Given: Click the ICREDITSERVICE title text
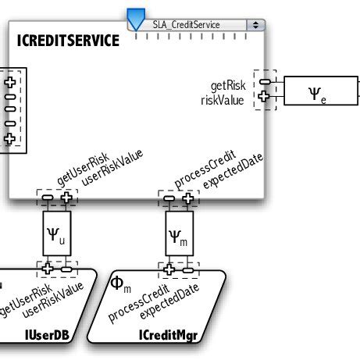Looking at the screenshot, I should coord(68,40).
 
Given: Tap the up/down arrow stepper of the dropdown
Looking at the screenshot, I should coord(255,24).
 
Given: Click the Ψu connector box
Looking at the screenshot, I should coord(56,233).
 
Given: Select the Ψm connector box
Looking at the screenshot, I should coord(179,233).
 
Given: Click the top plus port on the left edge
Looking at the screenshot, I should coord(10,82).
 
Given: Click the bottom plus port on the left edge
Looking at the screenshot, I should coord(10,138).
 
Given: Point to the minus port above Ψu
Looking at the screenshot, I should coord(48,199).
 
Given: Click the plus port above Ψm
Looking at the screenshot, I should coord(187,199).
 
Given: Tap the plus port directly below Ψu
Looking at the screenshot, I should coord(48,269).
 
